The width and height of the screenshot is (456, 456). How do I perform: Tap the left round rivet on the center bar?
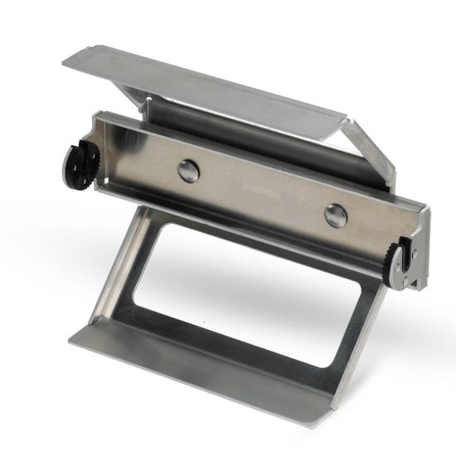(189, 171)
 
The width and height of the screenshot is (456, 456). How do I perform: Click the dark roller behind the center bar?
(249, 133)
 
